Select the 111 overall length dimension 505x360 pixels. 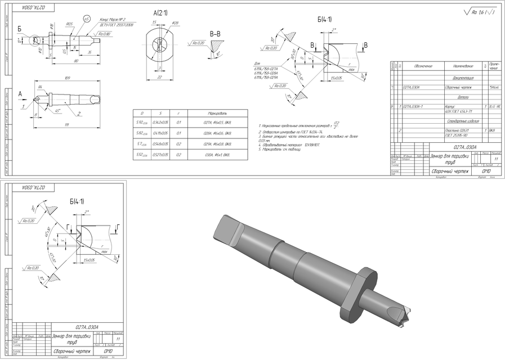pyautogui.click(x=66, y=124)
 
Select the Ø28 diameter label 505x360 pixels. pyautogui.click(x=175, y=23)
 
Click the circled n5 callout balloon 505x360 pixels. pyautogui.click(x=86, y=19)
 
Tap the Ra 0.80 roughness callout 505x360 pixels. pyautogui.click(x=104, y=34)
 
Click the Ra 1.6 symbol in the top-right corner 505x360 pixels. pyautogui.click(x=479, y=12)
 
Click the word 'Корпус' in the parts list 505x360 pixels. pyautogui.click(x=450, y=105)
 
